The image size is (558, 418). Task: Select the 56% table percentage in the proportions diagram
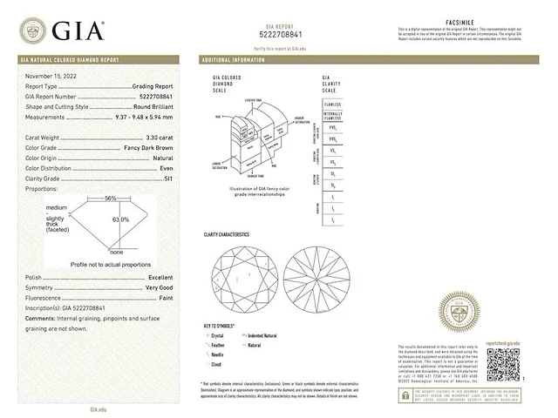click(111, 199)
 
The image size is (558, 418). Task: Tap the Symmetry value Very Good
click(158, 287)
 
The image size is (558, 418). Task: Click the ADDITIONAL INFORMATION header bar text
click(234, 61)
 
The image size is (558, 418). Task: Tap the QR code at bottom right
click(502, 365)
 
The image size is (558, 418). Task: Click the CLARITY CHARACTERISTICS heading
click(227, 235)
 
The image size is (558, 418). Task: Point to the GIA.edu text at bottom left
click(98, 408)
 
